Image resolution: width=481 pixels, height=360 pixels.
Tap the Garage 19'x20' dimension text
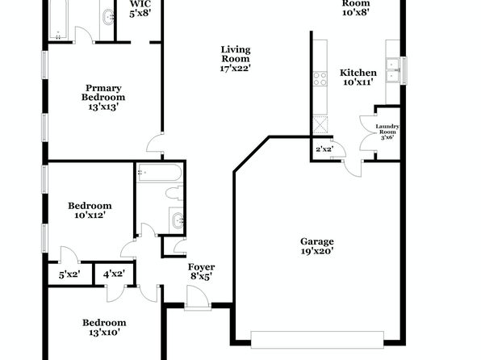pyautogui.click(x=317, y=251)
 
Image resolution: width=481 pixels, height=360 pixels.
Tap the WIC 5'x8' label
pyautogui.click(x=140, y=9)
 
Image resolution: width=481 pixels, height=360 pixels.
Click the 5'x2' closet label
pyautogui.click(x=69, y=274)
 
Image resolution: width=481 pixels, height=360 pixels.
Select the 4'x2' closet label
pyautogui.click(x=114, y=274)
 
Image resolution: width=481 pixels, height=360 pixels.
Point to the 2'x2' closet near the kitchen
pyautogui.click(x=324, y=149)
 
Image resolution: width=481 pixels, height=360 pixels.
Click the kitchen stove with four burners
pyautogui.click(x=320, y=78)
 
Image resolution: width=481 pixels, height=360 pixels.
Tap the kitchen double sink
pyautogui.click(x=393, y=71)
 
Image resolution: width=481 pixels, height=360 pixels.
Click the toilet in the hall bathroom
pyautogui.click(x=174, y=193)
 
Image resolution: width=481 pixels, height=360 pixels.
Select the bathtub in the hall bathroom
pyautogui.click(x=160, y=173)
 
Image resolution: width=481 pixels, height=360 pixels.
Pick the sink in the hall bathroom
pyautogui.click(x=177, y=220)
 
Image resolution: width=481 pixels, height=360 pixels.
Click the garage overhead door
pyautogui.click(x=317, y=340)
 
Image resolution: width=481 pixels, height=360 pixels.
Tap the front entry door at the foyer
pyautogui.click(x=198, y=299)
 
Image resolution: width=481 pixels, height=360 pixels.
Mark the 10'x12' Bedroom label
pyautogui.click(x=90, y=210)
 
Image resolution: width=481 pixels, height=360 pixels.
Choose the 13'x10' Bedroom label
pyautogui.click(x=104, y=328)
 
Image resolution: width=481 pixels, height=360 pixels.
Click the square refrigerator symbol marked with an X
pyautogui.click(x=320, y=124)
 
